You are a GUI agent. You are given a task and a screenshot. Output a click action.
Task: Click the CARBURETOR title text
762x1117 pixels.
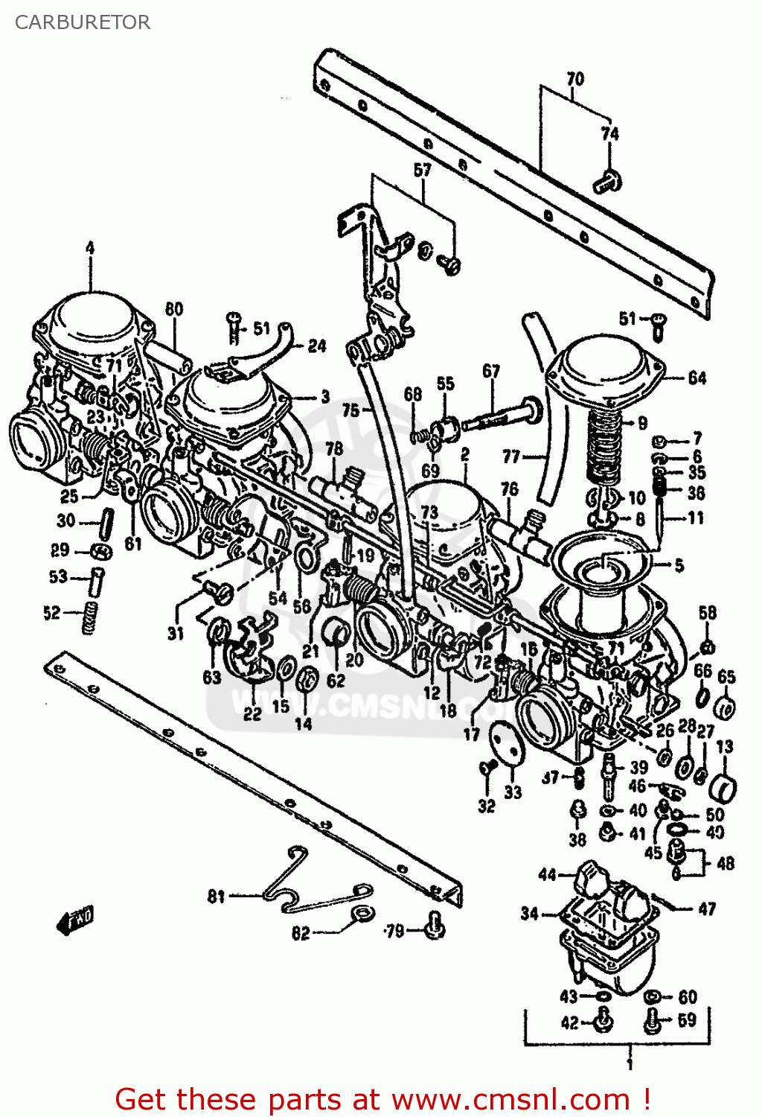pyautogui.click(x=82, y=22)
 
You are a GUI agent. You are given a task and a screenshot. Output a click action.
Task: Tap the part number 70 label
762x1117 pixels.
pyautogui.click(x=575, y=78)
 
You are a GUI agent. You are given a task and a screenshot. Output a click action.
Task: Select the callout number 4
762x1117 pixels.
pyautogui.click(x=90, y=248)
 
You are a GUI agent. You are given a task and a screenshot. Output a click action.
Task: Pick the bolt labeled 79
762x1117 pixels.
pyautogui.click(x=434, y=926)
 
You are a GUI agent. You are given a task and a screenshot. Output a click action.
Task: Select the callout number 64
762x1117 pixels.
pyautogui.click(x=697, y=378)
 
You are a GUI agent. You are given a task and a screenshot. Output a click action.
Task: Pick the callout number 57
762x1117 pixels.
pyautogui.click(x=422, y=170)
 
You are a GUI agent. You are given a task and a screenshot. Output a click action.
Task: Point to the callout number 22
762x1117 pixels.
pyautogui.click(x=252, y=713)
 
